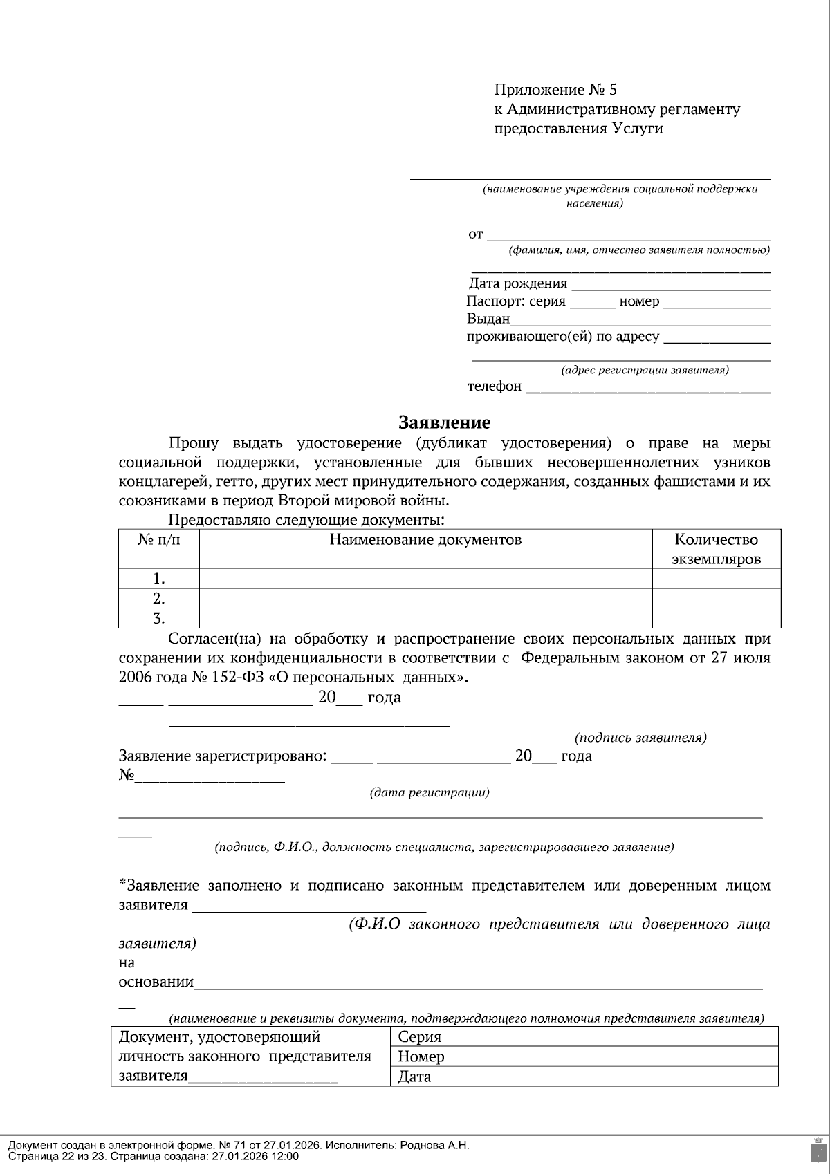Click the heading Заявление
[444, 422]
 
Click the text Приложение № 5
[555, 90]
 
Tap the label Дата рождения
[518, 283]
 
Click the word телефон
[495, 386]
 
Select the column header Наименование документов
[425, 540]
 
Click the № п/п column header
[159, 540]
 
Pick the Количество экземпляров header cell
[716, 549]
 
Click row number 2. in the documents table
[159, 598]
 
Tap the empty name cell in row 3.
[425, 618]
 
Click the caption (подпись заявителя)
[640, 738]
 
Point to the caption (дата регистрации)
[430, 792]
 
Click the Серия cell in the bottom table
[420, 1036]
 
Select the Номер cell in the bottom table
[421, 1056]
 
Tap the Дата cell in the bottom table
[415, 1077]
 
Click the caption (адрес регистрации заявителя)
[645, 370]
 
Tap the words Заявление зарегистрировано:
[223, 756]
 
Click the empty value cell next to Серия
[636, 1036]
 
